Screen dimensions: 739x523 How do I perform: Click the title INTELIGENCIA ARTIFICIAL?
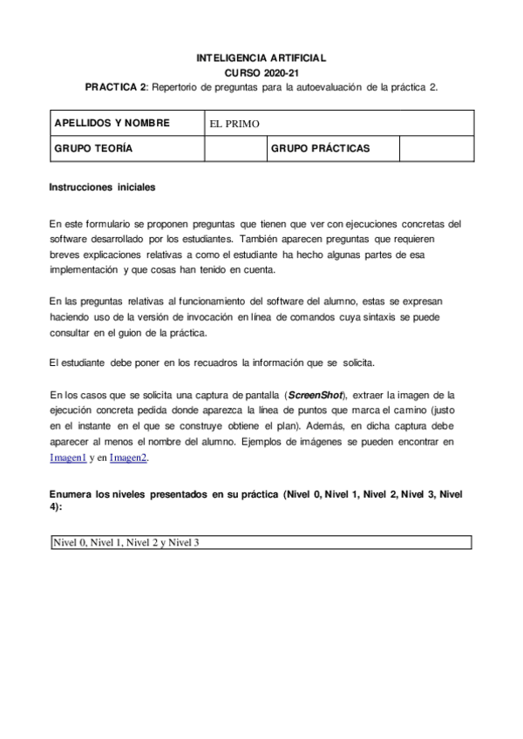coord(261,58)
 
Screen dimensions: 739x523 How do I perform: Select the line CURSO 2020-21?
coord(261,72)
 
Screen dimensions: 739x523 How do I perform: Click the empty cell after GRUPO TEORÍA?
coord(234,148)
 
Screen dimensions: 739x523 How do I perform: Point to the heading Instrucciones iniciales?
coord(103,187)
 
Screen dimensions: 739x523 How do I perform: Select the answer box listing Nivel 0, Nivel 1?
coord(261,542)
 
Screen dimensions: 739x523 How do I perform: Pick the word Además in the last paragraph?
coord(325,426)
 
